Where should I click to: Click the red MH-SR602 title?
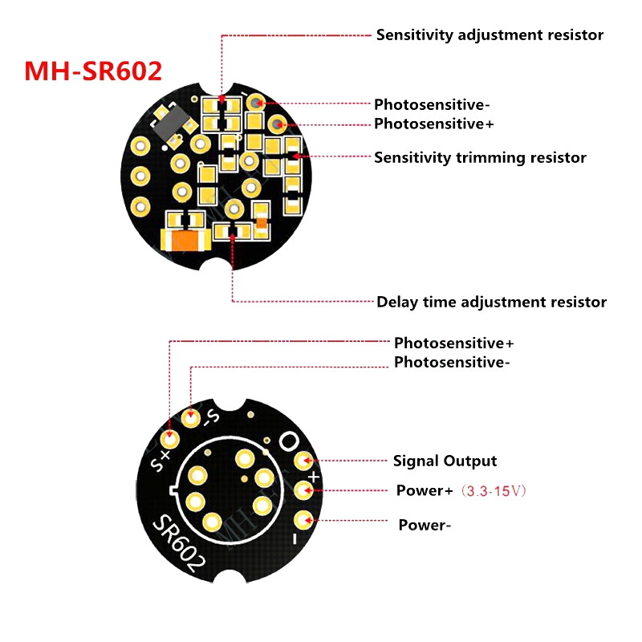(x=93, y=71)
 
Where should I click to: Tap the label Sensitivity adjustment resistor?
(x=490, y=35)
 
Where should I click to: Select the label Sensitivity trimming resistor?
(x=480, y=157)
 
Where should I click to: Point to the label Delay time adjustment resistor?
(x=491, y=303)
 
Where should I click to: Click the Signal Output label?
(x=445, y=461)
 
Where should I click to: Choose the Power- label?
(x=425, y=525)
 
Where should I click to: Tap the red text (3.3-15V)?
(x=494, y=490)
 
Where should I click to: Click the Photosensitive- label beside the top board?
(x=432, y=105)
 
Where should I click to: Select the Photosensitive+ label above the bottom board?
(x=453, y=343)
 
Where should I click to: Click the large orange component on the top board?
(x=186, y=239)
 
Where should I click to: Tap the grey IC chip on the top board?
(x=171, y=122)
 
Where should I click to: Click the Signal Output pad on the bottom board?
(x=304, y=461)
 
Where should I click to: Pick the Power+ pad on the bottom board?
(x=304, y=490)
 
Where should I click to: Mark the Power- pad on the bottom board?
(x=304, y=520)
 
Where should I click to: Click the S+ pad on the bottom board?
(x=169, y=439)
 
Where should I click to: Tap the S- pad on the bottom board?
(x=191, y=418)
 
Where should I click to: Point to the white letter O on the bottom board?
(x=289, y=441)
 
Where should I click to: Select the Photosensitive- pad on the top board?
(x=257, y=103)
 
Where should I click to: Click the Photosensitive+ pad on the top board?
(x=278, y=124)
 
